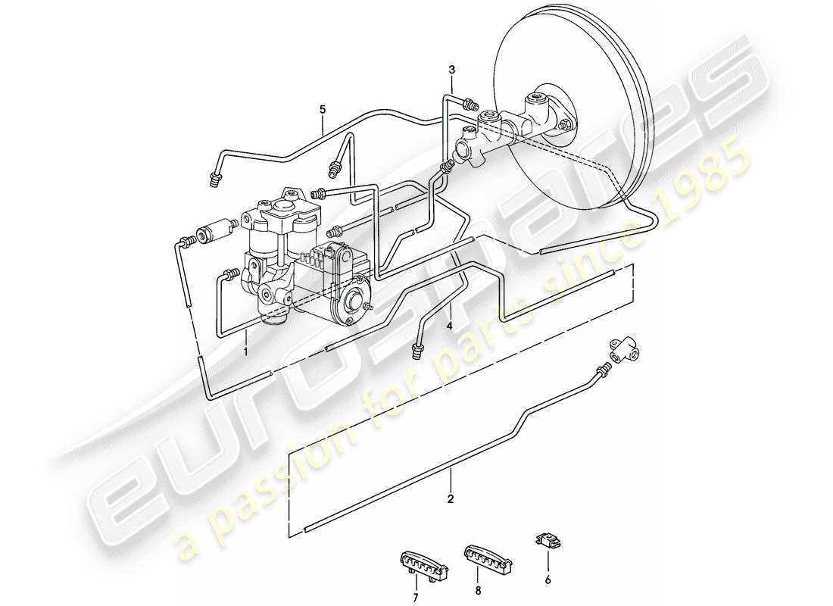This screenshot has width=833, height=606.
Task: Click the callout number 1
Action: point(246,351)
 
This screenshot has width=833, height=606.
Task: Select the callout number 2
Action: point(451,499)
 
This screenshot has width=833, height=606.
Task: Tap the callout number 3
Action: point(451,70)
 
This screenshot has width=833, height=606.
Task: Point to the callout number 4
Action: point(450,326)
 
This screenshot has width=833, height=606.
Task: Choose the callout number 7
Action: point(414,587)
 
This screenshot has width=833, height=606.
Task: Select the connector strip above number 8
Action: point(485,557)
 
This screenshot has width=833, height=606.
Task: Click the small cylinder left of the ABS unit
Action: point(214,231)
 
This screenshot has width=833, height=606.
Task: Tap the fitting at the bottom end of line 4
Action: point(416,350)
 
